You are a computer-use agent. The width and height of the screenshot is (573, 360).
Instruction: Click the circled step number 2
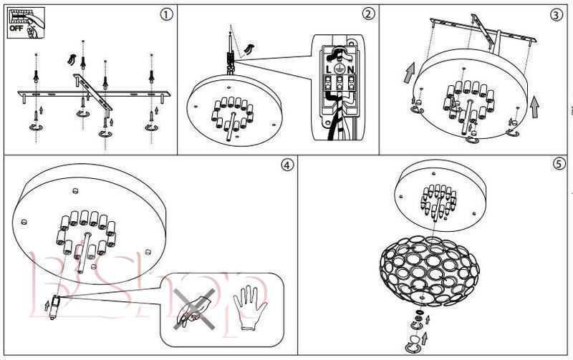[368, 14]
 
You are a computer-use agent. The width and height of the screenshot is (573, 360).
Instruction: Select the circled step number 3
[556, 14]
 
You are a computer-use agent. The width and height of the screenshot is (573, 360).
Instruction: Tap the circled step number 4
[286, 165]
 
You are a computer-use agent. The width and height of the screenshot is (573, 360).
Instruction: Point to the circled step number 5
[559, 164]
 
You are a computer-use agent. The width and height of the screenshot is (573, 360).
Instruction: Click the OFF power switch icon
[24, 22]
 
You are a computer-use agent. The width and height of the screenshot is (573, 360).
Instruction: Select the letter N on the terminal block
[351, 70]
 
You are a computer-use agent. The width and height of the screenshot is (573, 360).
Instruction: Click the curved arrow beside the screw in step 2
[249, 47]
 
